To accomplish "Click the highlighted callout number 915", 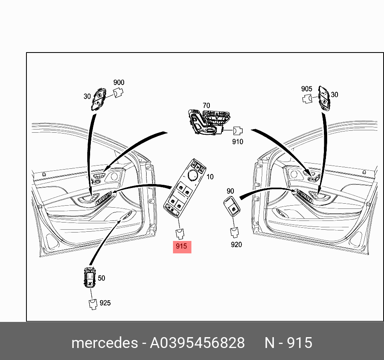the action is point(181,246).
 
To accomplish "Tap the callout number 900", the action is point(119,83).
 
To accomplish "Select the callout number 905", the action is point(307,89).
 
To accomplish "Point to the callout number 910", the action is point(237,142).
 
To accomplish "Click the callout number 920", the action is point(236,245).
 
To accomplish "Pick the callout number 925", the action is point(105,303).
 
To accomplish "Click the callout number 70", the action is point(207,105).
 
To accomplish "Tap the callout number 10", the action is point(210,177).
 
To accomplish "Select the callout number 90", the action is point(230,191).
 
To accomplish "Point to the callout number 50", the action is point(101,278).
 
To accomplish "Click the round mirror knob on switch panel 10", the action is point(193,175).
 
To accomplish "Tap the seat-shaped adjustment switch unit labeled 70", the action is point(209,122).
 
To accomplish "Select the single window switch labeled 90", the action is point(232,206).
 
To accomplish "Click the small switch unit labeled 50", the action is point(89,277).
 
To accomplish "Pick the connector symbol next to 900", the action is point(118,93).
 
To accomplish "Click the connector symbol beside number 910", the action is point(237,131).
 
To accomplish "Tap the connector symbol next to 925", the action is point(93,305).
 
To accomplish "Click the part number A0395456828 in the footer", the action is point(197,343).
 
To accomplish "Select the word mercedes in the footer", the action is point(105,343).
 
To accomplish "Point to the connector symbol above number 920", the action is point(234,233).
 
